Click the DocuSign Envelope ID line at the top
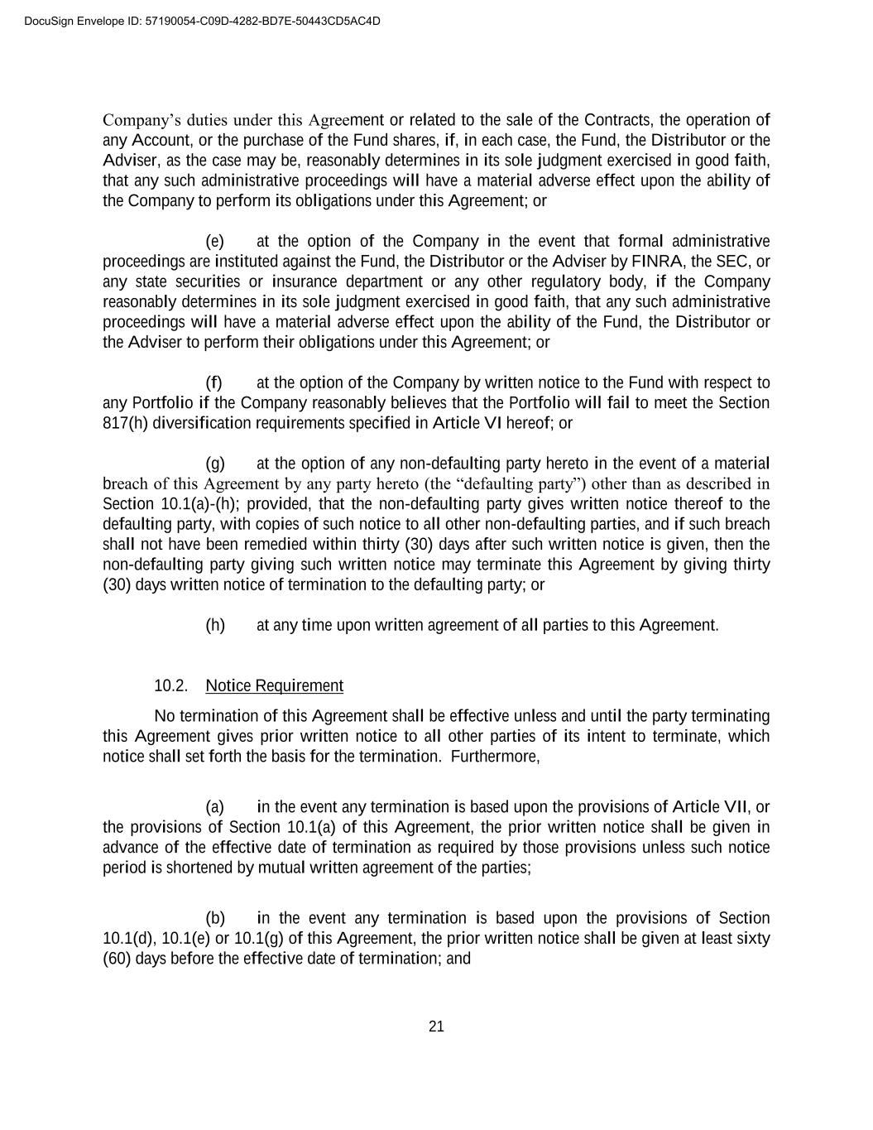tap(203, 21)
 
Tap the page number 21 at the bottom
tap(436, 1027)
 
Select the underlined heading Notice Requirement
tap(274, 685)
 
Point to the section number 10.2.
tap(170, 685)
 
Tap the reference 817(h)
tap(126, 423)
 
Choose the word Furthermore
tap(494, 757)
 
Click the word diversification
tap(203, 423)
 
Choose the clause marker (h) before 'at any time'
tap(215, 625)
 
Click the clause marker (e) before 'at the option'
tap(215, 241)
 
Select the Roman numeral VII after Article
tap(736, 807)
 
